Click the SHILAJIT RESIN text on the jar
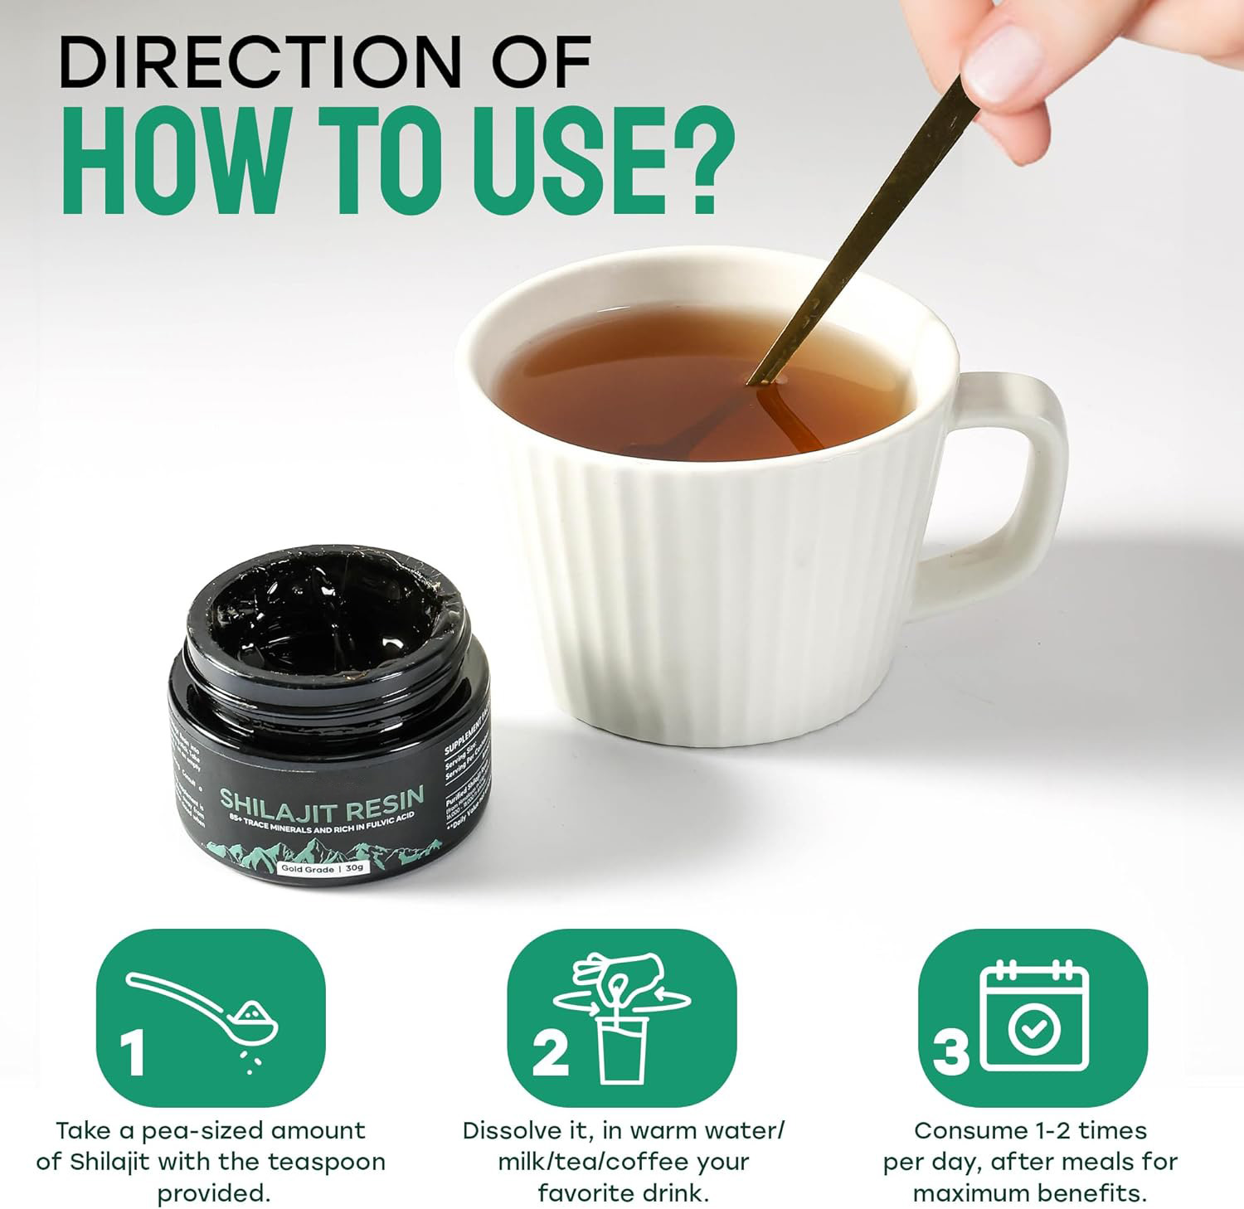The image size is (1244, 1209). click(322, 798)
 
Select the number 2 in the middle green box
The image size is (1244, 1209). click(550, 1051)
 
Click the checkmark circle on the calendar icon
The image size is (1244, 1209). click(1033, 1029)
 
